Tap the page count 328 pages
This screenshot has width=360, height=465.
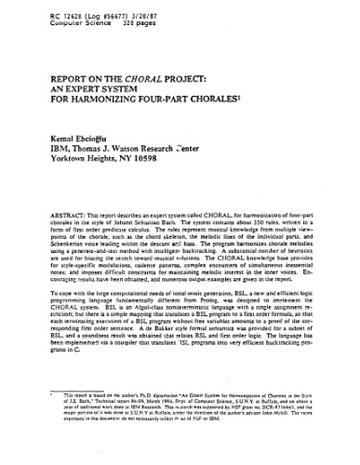[125, 20]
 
